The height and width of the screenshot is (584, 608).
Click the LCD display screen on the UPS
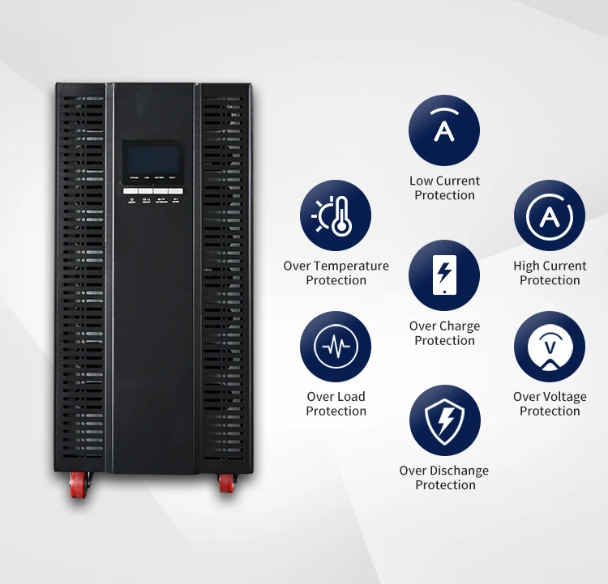click(x=152, y=157)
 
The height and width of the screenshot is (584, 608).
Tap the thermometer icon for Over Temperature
click(x=336, y=215)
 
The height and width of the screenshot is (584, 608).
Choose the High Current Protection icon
click(x=550, y=215)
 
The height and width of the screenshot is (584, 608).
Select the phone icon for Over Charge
click(x=444, y=276)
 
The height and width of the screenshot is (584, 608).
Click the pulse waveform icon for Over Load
click(x=336, y=347)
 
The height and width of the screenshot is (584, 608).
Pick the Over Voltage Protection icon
click(x=550, y=347)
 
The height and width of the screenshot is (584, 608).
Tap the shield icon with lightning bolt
click(x=444, y=420)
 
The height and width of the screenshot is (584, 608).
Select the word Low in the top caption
click(x=421, y=181)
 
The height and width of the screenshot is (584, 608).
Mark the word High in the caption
click(x=527, y=266)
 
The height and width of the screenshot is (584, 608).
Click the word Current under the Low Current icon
click(x=458, y=181)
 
